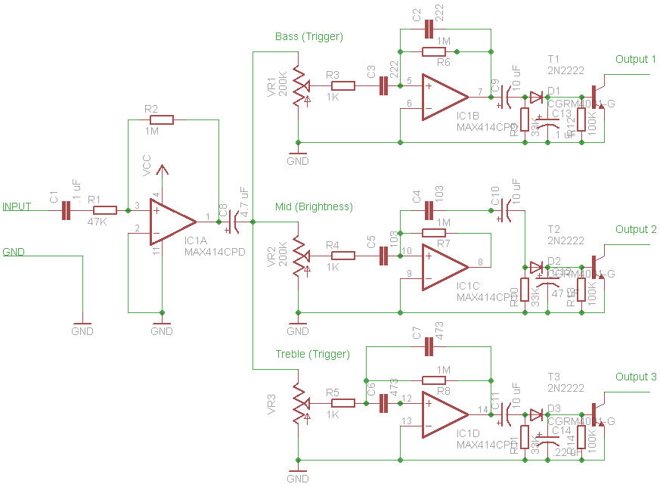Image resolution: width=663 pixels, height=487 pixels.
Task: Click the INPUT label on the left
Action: [17, 206]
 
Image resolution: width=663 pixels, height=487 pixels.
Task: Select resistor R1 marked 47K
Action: [104, 211]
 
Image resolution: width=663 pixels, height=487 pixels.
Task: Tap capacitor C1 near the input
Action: [66, 211]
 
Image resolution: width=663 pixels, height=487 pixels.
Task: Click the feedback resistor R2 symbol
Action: [162, 119]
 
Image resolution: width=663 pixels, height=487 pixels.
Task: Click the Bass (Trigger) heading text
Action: [308, 36]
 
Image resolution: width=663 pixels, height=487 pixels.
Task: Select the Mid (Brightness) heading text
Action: [313, 206]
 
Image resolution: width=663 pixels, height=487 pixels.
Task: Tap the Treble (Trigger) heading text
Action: [312, 354]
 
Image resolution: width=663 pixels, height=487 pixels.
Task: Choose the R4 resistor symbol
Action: [343, 256]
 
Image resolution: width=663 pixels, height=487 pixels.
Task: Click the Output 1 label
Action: [636, 60]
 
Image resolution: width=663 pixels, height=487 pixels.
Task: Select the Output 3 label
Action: [636, 377]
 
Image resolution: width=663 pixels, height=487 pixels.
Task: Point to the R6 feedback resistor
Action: [434, 51]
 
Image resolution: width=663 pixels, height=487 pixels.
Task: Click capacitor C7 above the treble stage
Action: [429, 347]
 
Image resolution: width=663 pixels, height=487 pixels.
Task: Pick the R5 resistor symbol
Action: [343, 403]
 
